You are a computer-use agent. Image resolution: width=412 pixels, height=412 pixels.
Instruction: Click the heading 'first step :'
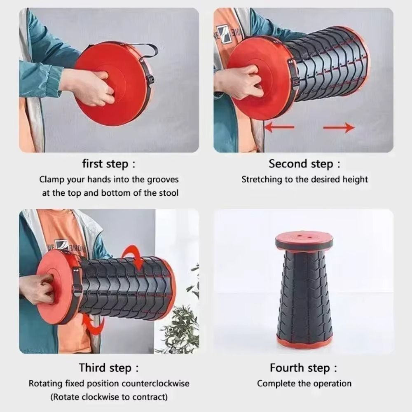coord(108,164)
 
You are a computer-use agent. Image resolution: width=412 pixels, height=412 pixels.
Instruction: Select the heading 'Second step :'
coord(304,164)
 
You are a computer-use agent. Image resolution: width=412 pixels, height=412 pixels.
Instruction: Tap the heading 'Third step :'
coord(109,368)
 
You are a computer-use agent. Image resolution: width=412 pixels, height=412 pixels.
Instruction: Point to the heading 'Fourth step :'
coord(304,368)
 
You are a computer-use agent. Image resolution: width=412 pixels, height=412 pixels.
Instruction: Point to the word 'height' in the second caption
coord(355,180)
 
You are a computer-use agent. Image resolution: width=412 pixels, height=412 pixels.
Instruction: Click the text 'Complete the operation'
coord(304,384)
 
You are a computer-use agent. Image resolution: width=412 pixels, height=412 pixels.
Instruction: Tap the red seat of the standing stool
coord(304,239)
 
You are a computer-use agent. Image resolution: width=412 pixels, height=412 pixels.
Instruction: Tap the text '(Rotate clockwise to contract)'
coord(109,397)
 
